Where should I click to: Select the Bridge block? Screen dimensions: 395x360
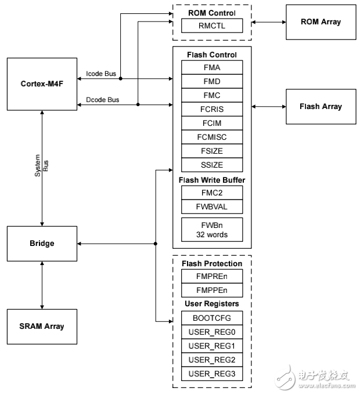(x=42, y=243)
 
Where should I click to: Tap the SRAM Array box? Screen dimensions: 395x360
(x=42, y=326)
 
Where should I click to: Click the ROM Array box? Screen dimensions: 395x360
(x=321, y=22)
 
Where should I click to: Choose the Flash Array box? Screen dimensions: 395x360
(x=321, y=106)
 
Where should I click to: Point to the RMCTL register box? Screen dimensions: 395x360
(x=212, y=26)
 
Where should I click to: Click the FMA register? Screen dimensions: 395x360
(x=212, y=67)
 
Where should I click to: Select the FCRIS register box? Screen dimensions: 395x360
(x=212, y=109)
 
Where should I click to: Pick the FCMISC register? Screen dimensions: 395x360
(x=212, y=137)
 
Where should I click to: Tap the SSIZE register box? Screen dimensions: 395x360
(x=212, y=165)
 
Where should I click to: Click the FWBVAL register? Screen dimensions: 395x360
(x=212, y=206)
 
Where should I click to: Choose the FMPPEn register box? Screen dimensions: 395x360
(x=212, y=290)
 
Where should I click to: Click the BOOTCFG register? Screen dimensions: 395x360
(x=212, y=318)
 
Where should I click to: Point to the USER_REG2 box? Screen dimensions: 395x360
(x=212, y=360)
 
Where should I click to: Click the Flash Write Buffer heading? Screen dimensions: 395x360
(x=213, y=180)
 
